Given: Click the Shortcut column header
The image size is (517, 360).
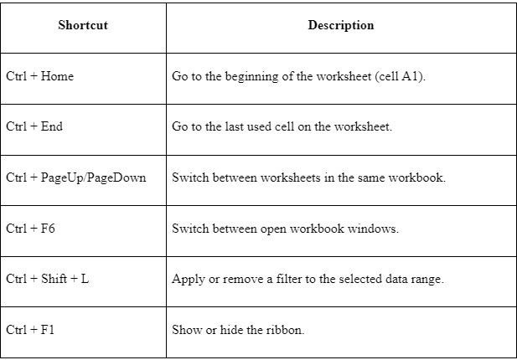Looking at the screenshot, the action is pos(83,25).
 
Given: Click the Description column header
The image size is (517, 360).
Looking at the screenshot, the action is pos(341,25).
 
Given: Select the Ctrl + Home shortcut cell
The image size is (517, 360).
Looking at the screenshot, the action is pos(40,76).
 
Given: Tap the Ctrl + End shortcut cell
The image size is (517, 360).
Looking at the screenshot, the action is pos(34,126).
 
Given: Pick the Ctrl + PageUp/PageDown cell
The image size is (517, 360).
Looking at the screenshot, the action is pos(76,177).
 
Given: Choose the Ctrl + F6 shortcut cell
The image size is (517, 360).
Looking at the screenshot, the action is pos(30,229).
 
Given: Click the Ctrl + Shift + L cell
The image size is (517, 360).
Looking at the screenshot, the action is pos(48,279).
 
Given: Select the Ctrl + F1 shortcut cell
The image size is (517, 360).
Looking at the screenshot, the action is pos(30,329).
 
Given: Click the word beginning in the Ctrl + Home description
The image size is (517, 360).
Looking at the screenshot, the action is pos(251,77).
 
